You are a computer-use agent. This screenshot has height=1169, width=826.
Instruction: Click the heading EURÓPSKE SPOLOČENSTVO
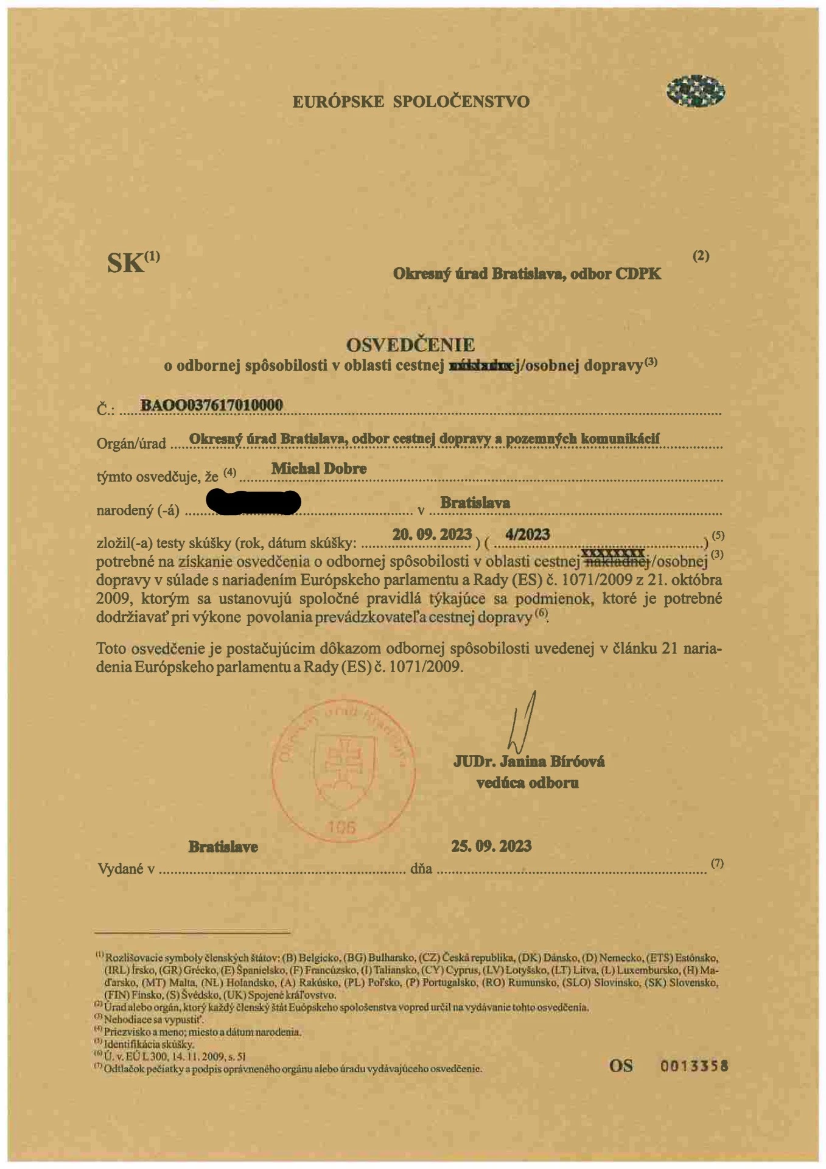pos(411,101)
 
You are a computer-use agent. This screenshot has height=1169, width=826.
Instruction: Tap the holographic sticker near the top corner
pos(695,92)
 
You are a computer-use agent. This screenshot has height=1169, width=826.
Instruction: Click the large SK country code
pos(126,263)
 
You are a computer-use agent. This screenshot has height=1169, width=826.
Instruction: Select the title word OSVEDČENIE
pos(410,345)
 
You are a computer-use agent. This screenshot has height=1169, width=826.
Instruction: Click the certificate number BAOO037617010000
pos(212,405)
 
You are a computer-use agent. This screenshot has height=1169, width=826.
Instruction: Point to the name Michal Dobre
pos(319,469)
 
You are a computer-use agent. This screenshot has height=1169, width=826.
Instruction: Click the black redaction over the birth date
pos(254,502)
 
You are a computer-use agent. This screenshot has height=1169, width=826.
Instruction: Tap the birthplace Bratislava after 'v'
pos(475,503)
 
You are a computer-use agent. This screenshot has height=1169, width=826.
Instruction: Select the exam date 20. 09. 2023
pos(432,535)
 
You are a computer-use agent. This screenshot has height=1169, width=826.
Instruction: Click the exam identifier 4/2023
pos(528,535)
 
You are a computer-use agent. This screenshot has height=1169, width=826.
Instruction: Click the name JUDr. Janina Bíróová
pos(528,762)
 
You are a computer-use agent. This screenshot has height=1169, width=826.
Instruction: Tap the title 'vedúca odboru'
pos(527,783)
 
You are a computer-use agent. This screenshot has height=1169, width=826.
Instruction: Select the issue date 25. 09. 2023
pos(491,846)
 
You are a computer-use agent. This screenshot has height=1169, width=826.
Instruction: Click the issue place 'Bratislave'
pos(223,847)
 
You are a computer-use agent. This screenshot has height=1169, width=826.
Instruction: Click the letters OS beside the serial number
pos(621,1066)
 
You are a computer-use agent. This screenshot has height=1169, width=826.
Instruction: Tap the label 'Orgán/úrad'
pos(131,444)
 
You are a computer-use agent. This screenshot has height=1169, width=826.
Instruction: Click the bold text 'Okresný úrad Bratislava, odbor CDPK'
pos(527,274)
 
